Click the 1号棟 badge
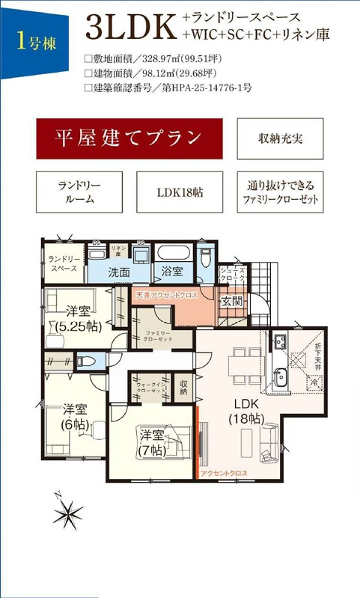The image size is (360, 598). [x=34, y=39]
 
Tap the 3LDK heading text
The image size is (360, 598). [x=130, y=27]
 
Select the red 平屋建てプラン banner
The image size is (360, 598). [x=129, y=138]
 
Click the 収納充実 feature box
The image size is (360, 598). [x=280, y=138]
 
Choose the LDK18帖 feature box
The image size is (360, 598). [x=180, y=192]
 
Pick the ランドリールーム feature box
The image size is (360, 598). [x=79, y=192]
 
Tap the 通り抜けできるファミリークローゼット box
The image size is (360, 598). [x=280, y=192]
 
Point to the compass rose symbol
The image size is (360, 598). [x=69, y=513]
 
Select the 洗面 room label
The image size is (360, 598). [x=119, y=272]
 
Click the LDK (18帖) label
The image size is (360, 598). [x=244, y=411]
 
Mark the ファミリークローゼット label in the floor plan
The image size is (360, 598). [x=158, y=335]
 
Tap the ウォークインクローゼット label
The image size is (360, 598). [x=151, y=387]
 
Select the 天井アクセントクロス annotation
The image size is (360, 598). [x=166, y=296]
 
